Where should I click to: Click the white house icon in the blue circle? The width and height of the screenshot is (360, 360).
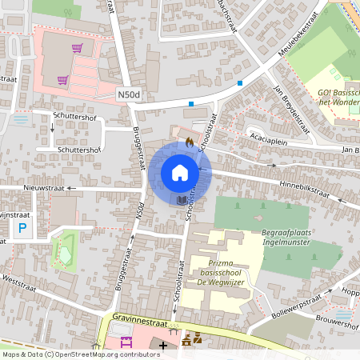click(180, 173)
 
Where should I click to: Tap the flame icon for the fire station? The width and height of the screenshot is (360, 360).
click(189, 142)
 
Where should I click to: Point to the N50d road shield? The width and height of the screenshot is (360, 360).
click(127, 94)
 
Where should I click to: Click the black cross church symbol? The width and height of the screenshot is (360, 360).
click(164, 346)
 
